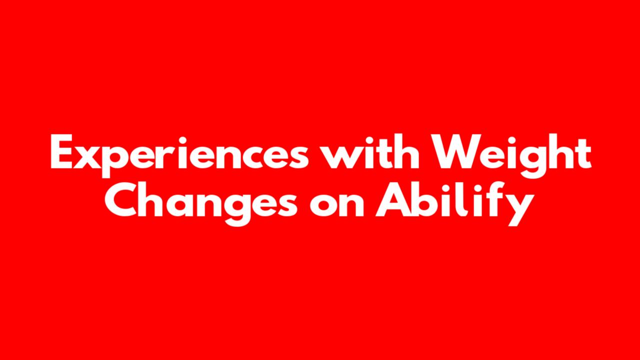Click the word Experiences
pyautogui.click(x=179, y=155)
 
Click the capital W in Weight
pyautogui.click(x=454, y=151)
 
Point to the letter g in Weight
pyautogui.click(x=534, y=162)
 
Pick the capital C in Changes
pyautogui.click(x=120, y=200)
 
